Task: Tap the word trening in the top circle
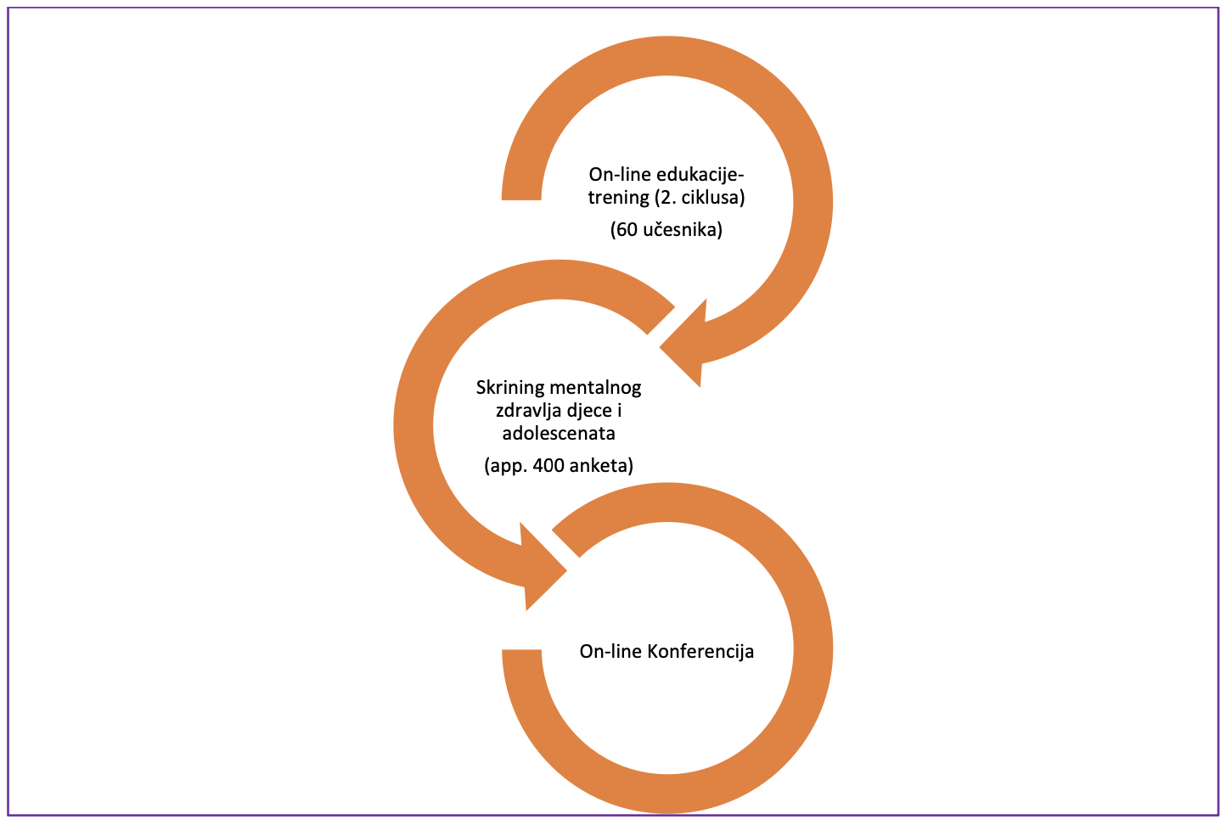[618, 198]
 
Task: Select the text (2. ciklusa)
[699, 198]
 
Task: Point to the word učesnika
[683, 229]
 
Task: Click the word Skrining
[509, 388]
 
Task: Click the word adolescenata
[559, 434]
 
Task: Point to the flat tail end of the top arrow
[521, 199]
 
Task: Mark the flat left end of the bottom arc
[521, 651]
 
